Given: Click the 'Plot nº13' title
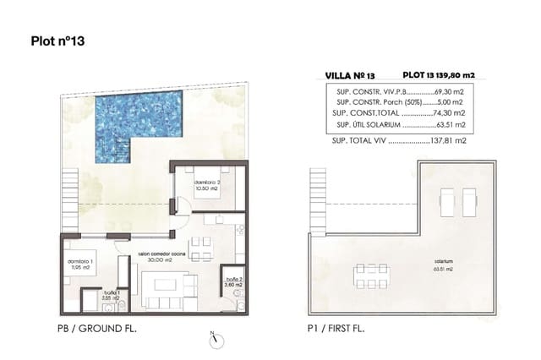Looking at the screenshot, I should [58, 39].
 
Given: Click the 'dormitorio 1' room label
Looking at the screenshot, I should [81, 264].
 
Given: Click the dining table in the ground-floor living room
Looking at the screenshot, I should [201, 246].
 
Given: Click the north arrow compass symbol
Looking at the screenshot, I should [215, 339].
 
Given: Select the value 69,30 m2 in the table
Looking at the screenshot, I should [448, 89].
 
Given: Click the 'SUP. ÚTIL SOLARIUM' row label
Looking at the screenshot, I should [365, 124].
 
